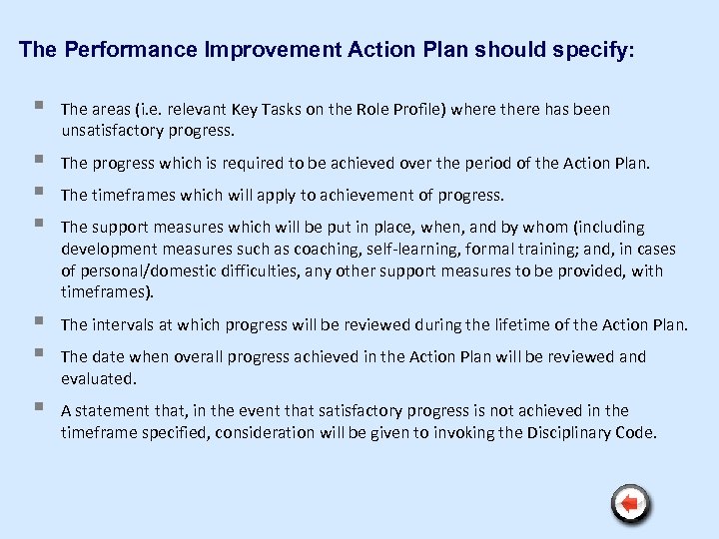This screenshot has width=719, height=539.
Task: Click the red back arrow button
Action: [630, 503]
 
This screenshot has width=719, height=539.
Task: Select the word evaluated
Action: [97, 378]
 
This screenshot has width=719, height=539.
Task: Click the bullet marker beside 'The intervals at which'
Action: [38, 323]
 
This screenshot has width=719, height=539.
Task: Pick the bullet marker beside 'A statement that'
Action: [38, 409]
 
